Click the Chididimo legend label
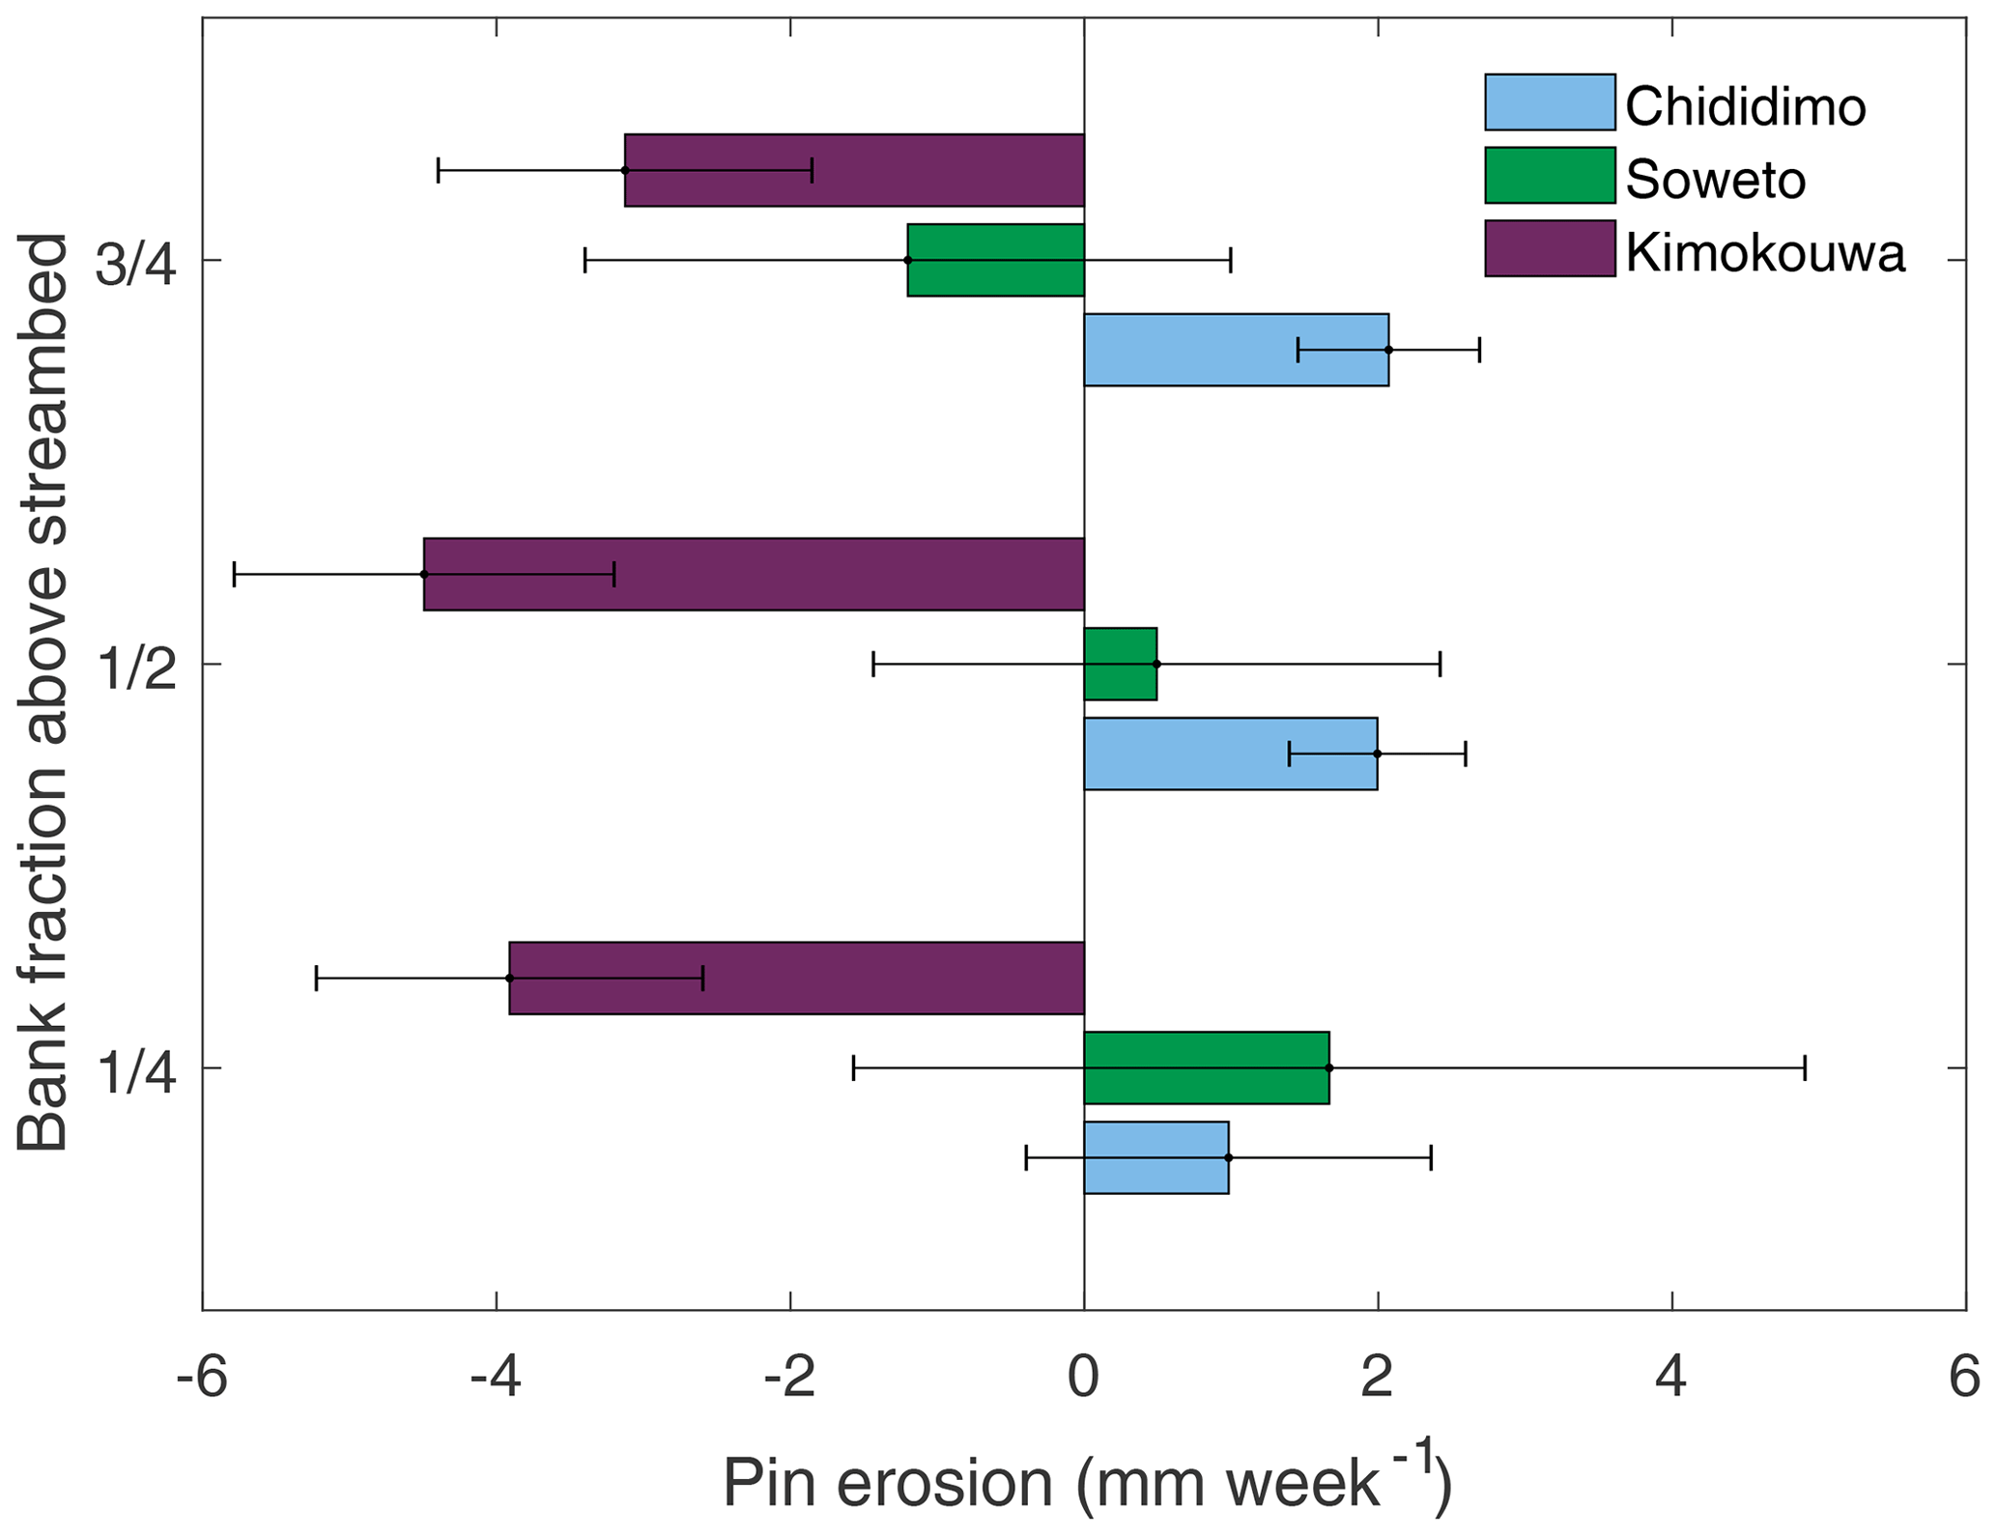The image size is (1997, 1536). (x=1745, y=105)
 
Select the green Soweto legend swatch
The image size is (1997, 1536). (x=1550, y=176)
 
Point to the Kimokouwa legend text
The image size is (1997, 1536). (x=1765, y=253)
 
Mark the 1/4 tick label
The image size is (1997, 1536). (x=136, y=1070)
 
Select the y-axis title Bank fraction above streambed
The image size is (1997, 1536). (x=43, y=692)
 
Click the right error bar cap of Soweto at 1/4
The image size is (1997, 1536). (x=1805, y=1067)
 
